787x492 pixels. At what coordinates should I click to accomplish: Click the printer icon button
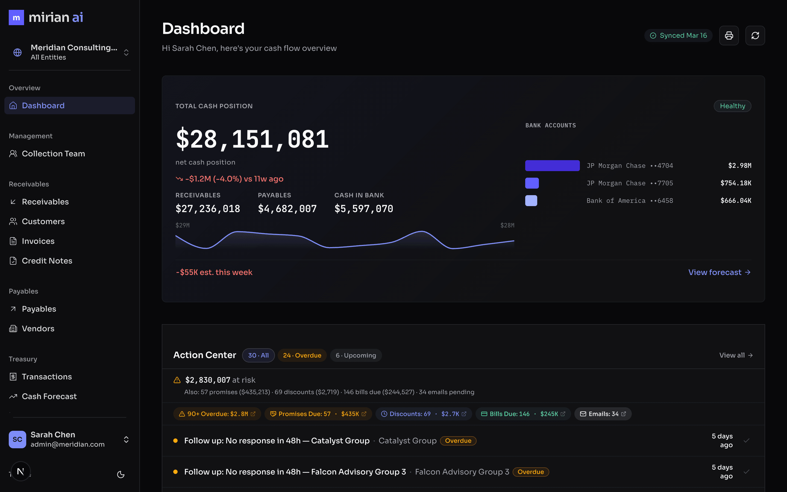coord(729,36)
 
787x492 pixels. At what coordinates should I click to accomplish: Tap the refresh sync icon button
coord(755,36)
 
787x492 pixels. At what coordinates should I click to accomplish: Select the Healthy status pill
coord(732,106)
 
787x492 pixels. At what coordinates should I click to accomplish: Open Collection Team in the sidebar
coord(53,154)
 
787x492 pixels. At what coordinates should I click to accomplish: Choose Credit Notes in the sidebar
coord(47,261)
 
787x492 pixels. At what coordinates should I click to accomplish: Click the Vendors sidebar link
coord(38,329)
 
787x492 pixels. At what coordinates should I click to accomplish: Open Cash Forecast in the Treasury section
coord(49,396)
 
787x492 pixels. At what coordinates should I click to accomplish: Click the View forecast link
coord(719,272)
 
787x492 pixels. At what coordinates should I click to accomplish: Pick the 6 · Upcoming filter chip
coord(356,355)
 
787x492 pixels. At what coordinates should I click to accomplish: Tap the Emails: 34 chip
coord(603,414)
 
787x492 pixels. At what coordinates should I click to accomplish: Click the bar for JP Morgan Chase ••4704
coord(552,166)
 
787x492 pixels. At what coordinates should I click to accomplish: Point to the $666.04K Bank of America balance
coord(736,201)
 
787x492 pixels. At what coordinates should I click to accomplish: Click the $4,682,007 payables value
coord(287,209)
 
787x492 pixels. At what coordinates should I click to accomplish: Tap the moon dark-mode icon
coord(121,475)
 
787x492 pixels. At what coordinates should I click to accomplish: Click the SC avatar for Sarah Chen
coord(17,440)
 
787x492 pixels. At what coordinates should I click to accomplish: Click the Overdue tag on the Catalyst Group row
coord(458,441)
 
